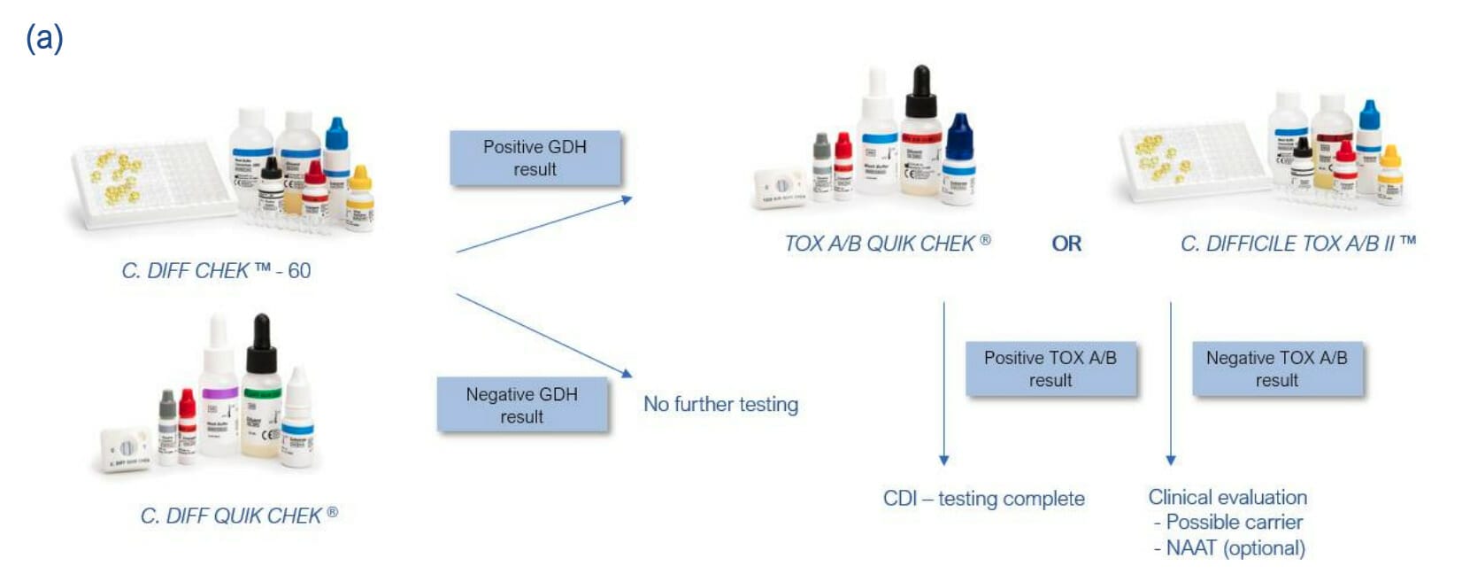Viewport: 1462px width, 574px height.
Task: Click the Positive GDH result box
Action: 535,159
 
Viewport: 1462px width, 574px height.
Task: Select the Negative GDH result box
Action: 521,406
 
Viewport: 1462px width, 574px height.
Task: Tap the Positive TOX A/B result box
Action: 1050,368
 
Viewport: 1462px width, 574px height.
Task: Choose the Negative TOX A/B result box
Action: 1276,368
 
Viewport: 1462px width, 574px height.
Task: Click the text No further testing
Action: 720,405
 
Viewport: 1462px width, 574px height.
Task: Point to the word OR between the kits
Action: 1066,244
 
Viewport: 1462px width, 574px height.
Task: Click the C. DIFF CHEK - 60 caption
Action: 216,271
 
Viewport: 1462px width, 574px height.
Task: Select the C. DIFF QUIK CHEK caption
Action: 238,516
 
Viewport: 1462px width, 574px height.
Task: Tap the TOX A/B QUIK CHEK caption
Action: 887,244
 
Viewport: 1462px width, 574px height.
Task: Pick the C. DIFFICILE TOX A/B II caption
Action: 1297,244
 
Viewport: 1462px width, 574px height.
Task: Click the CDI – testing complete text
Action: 983,499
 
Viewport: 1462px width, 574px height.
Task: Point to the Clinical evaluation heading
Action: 1227,497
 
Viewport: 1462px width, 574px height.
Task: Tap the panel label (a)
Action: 44,39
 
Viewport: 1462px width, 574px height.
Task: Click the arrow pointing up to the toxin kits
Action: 543,226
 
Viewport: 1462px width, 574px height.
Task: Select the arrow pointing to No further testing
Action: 543,335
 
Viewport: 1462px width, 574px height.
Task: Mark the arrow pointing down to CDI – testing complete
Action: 944,381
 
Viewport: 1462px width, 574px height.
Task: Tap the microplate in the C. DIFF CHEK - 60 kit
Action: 150,182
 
